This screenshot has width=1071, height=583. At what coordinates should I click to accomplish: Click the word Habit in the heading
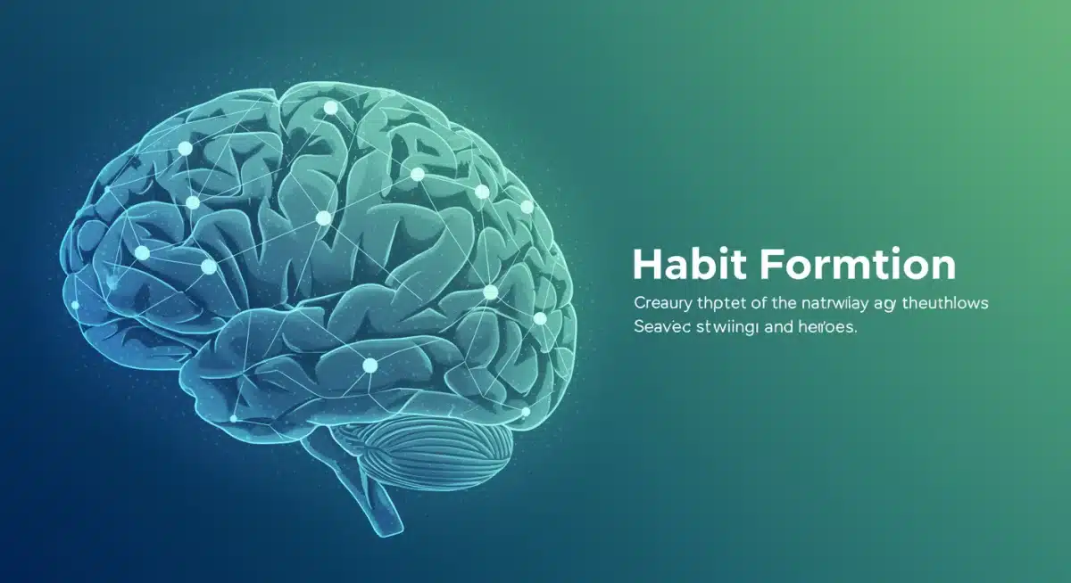click(x=686, y=265)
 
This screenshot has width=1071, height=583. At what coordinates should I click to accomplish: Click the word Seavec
click(x=660, y=328)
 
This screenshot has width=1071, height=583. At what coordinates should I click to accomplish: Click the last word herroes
click(x=828, y=328)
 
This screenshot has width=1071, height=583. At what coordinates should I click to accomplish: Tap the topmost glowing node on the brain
click(x=330, y=108)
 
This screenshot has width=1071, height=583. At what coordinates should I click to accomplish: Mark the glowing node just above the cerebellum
click(x=524, y=411)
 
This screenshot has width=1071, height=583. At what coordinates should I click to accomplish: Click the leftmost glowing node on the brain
click(x=75, y=305)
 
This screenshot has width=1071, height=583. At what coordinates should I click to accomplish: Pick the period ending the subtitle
click(x=855, y=332)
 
